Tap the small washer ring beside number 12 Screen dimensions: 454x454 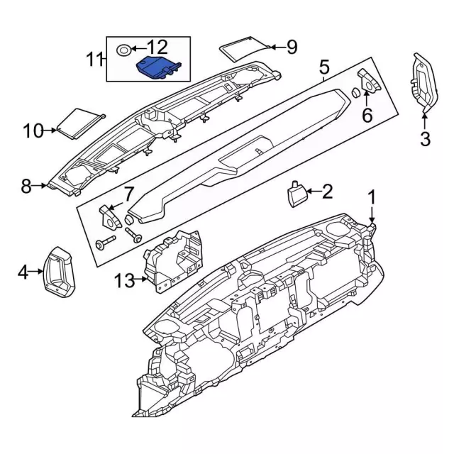tap(123, 50)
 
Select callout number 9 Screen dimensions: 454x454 tap(291, 48)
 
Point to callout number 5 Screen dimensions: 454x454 tap(323, 68)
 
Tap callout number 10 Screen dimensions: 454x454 tap(33, 131)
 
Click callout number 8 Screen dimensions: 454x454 tap(26, 187)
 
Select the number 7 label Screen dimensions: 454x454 tap(128, 192)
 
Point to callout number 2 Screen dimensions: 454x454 tap(327, 190)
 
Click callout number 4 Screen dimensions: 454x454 tap(22, 271)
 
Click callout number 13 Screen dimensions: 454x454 tap(123, 282)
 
